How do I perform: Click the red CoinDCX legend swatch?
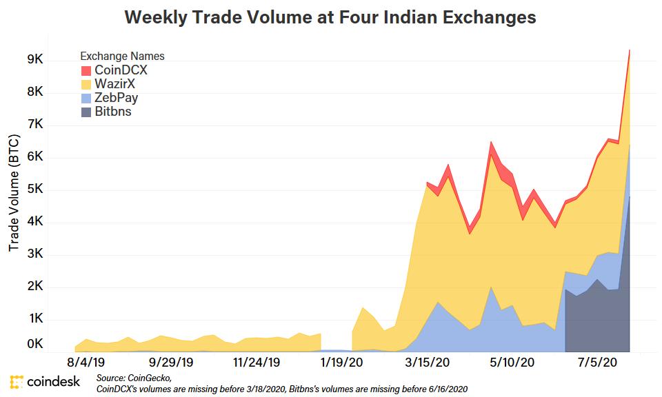click(x=86, y=70)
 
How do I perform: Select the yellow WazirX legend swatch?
click(x=86, y=84)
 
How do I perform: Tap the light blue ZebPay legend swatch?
click(x=86, y=98)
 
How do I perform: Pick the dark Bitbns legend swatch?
click(x=86, y=112)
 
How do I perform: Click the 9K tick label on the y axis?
click(x=35, y=60)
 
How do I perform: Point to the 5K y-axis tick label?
click(x=35, y=190)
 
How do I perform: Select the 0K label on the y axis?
click(x=35, y=344)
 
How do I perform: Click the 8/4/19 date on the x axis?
click(x=86, y=362)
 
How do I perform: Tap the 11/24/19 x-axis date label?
click(x=256, y=362)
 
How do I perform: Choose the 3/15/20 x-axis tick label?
click(x=428, y=362)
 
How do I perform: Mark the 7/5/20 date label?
click(x=597, y=362)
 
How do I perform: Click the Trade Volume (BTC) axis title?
click(x=14, y=192)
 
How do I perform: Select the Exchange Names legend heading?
click(x=122, y=56)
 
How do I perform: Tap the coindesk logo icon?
click(x=17, y=381)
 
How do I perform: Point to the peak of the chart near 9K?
click(x=630, y=50)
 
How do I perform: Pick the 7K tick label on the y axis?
click(x=35, y=125)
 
